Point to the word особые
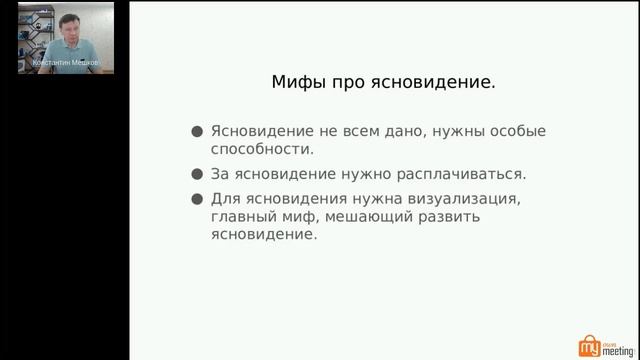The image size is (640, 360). [x=517, y=131]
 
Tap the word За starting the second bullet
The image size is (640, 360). [x=221, y=172]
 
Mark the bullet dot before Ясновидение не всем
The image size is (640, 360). [x=197, y=131]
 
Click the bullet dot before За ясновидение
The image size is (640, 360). [x=197, y=172]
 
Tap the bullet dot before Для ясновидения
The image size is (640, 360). [x=197, y=197]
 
